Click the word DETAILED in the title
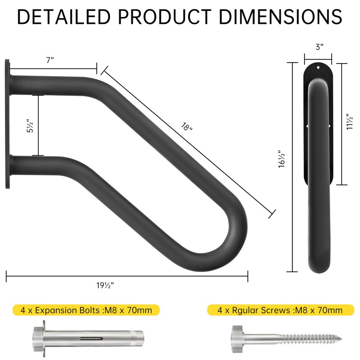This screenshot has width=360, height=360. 64,17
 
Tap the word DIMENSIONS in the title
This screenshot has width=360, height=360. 280,17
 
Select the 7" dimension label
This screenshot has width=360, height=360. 50,60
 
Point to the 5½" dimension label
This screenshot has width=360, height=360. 30,126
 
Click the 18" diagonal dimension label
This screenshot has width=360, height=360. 186,127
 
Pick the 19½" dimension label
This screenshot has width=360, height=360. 105,285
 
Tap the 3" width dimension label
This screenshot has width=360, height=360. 319,47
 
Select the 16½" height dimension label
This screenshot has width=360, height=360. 282,159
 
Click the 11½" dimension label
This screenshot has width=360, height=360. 350,121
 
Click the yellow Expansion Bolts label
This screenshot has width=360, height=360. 86,310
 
